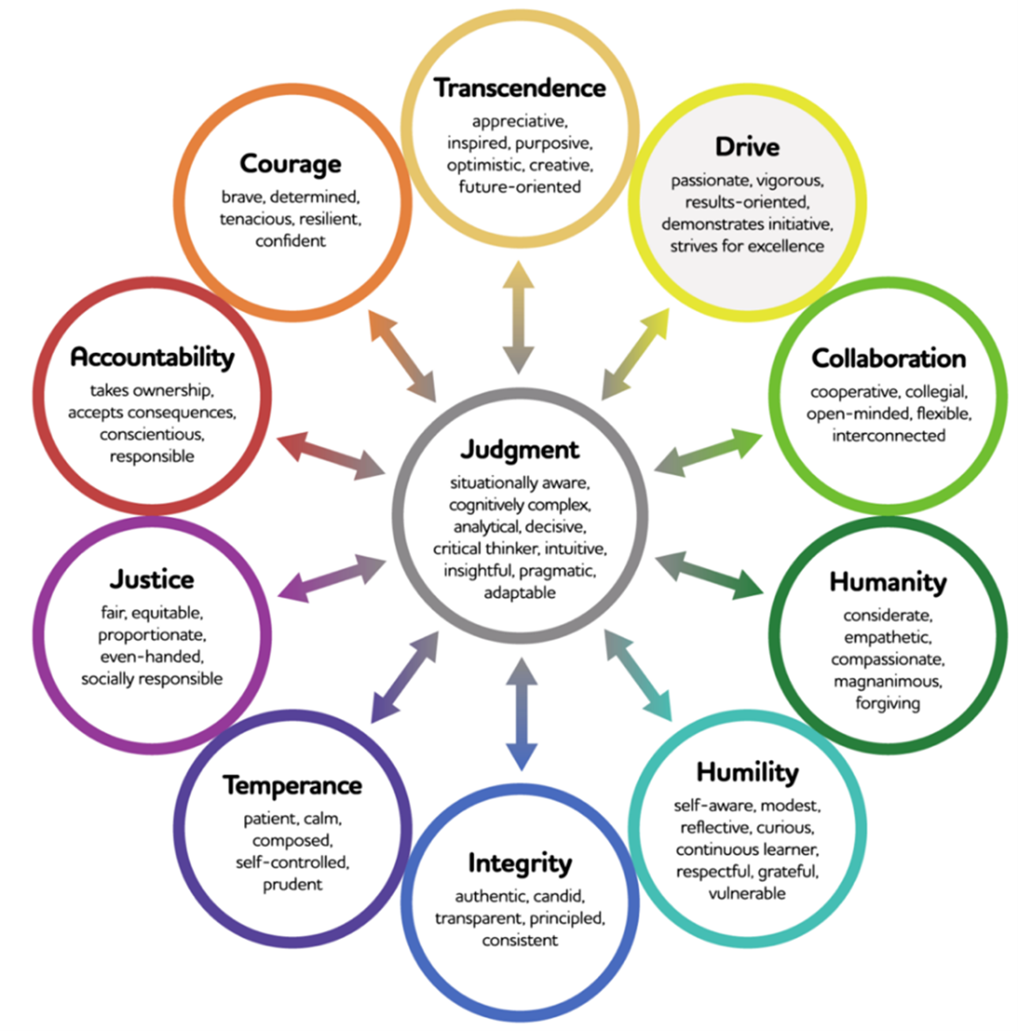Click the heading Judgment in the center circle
point(519,450)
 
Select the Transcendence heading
point(519,88)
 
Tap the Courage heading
point(291,164)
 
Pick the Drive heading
point(747,147)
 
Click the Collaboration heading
point(889,358)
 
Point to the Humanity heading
point(888,582)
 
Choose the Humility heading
point(747,773)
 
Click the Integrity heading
point(519,862)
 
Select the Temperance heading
point(293,785)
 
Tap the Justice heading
point(152,579)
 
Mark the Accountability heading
point(152,356)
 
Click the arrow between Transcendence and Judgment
point(519,317)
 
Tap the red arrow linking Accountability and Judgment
point(330,455)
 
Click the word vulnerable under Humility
point(747,893)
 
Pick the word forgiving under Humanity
point(888,703)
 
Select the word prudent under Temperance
point(293,884)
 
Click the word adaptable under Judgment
point(519,593)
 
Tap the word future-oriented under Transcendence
point(519,187)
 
